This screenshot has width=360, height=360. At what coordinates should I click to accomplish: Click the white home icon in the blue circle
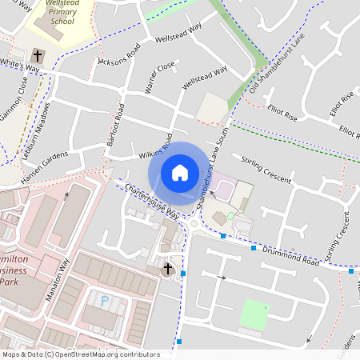[x=180, y=172]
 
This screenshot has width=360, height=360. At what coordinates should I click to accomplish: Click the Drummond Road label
[x=290, y=256]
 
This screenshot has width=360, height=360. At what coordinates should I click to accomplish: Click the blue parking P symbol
[x=104, y=300]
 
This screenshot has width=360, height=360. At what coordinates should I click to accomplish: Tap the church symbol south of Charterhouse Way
[x=168, y=269]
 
